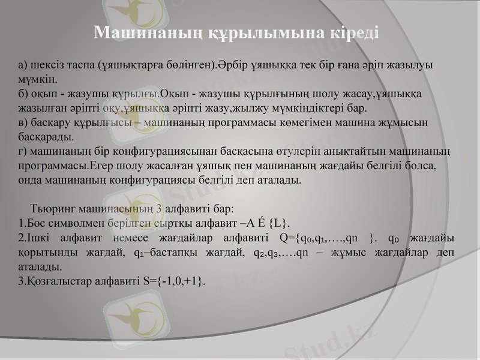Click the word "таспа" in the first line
point(81,64)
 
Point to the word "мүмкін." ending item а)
point(38,79)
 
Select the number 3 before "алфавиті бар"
point(158,209)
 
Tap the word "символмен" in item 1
point(78,224)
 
